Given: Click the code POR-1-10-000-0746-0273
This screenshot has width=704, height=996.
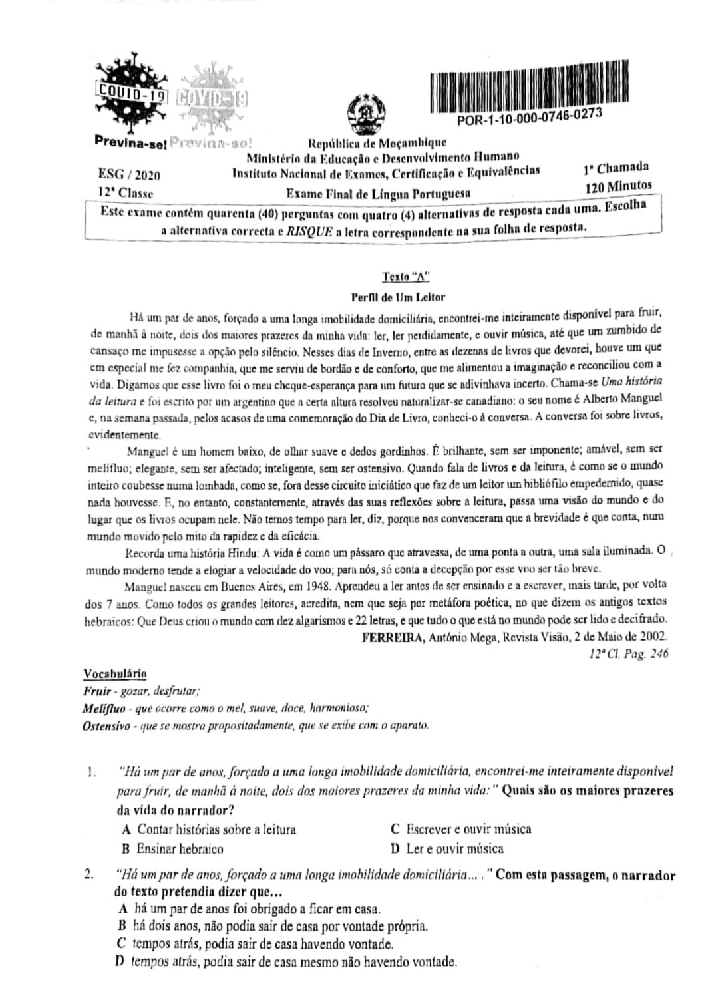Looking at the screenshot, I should [x=530, y=117].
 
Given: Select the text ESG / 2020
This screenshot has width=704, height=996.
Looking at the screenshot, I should [x=128, y=176].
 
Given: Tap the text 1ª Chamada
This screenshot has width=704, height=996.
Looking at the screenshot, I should [x=615, y=168].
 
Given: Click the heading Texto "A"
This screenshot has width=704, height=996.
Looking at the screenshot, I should [x=401, y=277].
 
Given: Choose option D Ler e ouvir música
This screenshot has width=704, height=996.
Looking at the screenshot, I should [x=447, y=848].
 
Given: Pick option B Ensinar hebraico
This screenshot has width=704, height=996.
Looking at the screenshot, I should [x=172, y=848].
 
